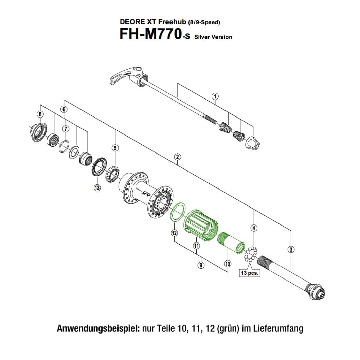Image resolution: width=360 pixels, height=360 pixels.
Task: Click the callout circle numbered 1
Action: [x=215, y=96]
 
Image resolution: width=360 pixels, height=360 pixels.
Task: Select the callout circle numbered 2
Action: [x=177, y=157]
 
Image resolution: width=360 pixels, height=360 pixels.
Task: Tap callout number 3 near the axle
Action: [x=291, y=250]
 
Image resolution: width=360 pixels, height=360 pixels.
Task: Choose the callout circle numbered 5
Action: [x=115, y=148]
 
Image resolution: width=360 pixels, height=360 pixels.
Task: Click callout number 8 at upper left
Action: [x=40, y=114]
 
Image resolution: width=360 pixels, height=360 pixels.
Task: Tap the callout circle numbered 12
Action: [x=174, y=233]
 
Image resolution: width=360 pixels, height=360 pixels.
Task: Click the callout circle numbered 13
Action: [x=97, y=188]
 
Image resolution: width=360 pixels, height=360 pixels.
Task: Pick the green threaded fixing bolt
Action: [x=231, y=241]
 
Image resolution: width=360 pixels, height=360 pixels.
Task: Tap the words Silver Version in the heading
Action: [x=213, y=37]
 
